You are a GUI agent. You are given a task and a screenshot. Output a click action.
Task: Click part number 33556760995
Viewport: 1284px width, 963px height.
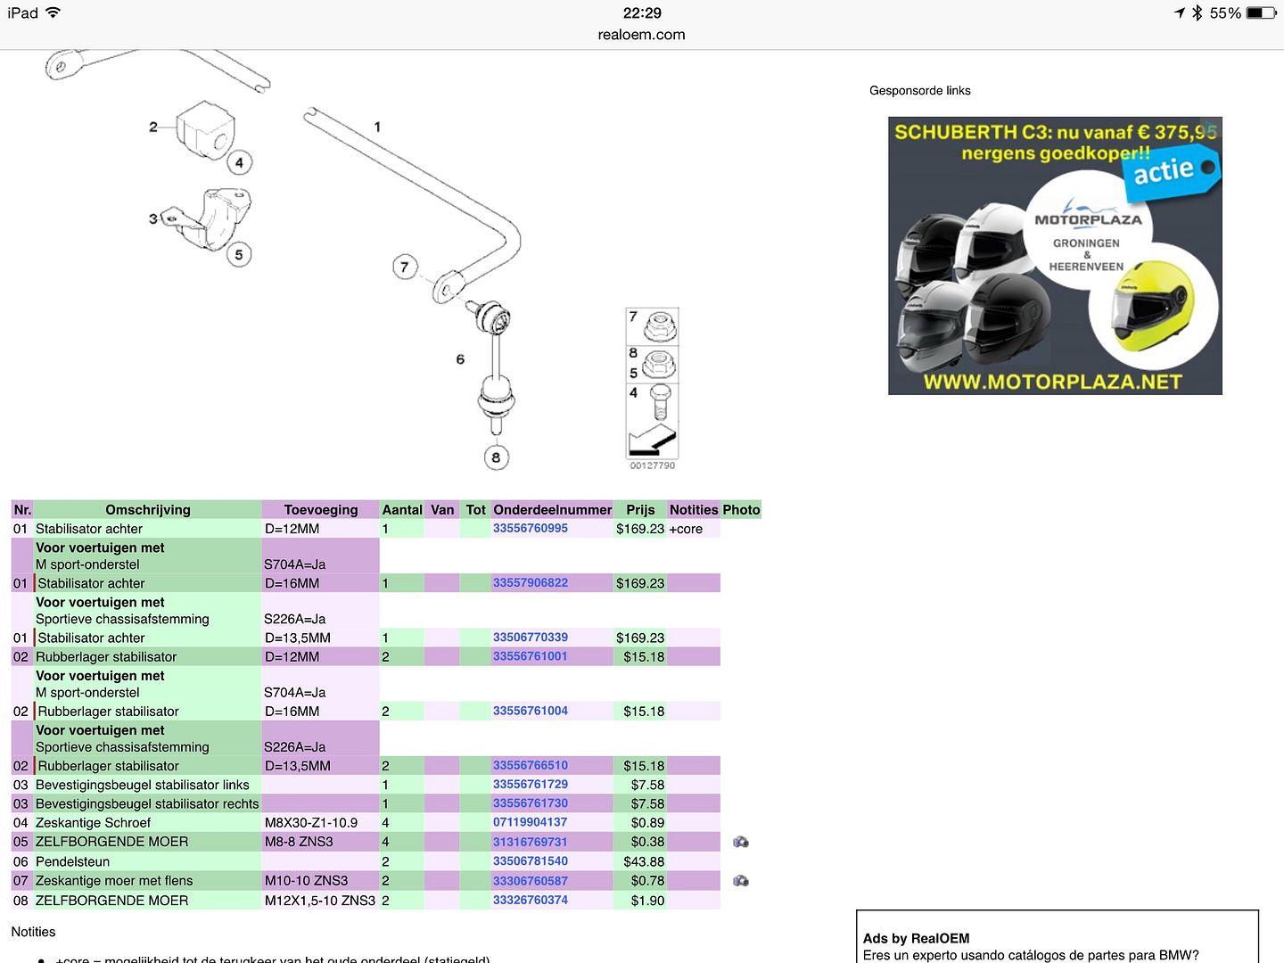(x=530, y=528)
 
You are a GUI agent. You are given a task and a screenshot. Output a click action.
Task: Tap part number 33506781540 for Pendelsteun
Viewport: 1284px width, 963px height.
(x=530, y=861)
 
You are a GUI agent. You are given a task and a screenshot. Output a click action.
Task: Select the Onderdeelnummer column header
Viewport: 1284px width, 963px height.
(x=552, y=510)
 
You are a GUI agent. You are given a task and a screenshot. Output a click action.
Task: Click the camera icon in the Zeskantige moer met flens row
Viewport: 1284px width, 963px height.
(x=740, y=881)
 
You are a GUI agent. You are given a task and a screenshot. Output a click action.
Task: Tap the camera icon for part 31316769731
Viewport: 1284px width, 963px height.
(x=740, y=842)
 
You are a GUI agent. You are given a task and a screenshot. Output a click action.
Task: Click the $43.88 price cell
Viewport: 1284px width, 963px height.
(x=644, y=861)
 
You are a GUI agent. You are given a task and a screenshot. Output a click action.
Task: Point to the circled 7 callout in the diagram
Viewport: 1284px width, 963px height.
(x=405, y=267)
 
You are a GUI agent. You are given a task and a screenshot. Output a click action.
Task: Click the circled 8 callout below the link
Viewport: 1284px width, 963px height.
(x=496, y=457)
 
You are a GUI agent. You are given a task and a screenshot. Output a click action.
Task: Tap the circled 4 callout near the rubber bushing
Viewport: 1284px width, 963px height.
(x=239, y=162)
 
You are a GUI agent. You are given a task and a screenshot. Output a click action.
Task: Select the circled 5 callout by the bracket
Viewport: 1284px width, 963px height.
(x=238, y=254)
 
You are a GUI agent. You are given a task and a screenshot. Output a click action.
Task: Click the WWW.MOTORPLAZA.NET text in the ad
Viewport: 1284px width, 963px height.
(x=1052, y=382)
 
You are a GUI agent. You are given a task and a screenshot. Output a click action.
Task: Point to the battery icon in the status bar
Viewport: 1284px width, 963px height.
(x=1260, y=12)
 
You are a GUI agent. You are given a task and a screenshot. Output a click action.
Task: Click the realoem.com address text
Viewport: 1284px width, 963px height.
(x=641, y=35)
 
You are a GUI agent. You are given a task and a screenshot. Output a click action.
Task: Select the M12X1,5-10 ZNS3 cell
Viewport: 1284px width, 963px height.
(x=319, y=901)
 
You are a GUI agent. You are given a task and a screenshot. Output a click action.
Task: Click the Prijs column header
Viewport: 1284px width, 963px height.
(x=640, y=510)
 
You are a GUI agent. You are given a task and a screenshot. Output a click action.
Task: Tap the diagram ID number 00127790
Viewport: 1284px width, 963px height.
(x=652, y=465)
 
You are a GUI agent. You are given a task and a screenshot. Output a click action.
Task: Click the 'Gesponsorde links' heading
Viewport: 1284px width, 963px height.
(x=919, y=90)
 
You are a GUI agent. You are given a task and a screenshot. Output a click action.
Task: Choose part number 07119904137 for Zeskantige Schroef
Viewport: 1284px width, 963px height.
(x=530, y=822)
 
